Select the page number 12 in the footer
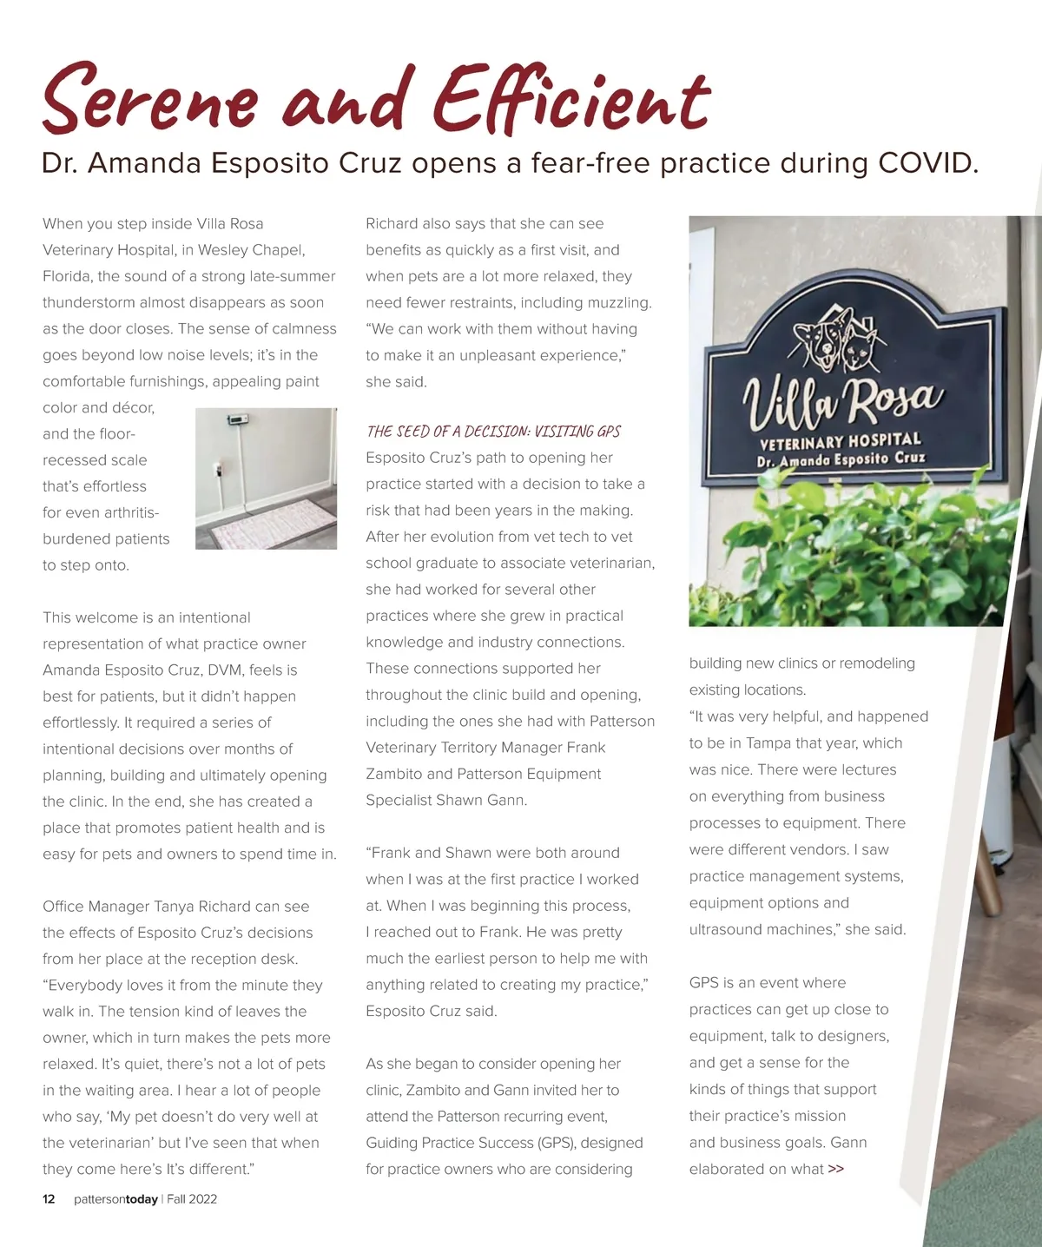pyautogui.click(x=49, y=1199)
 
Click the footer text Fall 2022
pyautogui.click(x=192, y=1199)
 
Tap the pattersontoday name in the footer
pyautogui.click(x=115, y=1199)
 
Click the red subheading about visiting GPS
pyautogui.click(x=493, y=432)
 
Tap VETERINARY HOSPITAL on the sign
pyautogui.click(x=840, y=440)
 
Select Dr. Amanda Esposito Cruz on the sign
pyautogui.click(x=841, y=459)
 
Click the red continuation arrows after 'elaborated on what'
pyautogui.click(x=835, y=1169)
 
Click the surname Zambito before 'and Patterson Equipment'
pyautogui.click(x=399, y=774)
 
